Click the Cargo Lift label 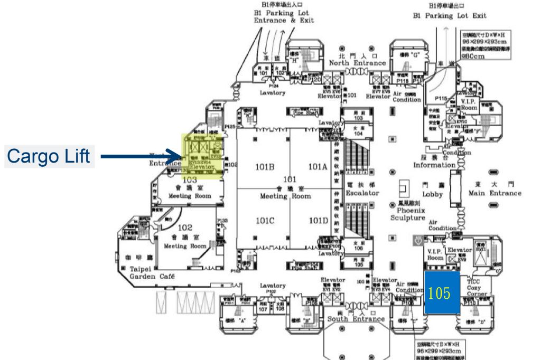50,157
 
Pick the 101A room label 318,167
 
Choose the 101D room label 318,221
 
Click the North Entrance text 357,63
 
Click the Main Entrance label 495,193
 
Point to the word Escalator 362,194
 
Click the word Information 434,165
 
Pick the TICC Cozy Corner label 473,288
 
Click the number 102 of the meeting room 184,228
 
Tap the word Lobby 426,194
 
